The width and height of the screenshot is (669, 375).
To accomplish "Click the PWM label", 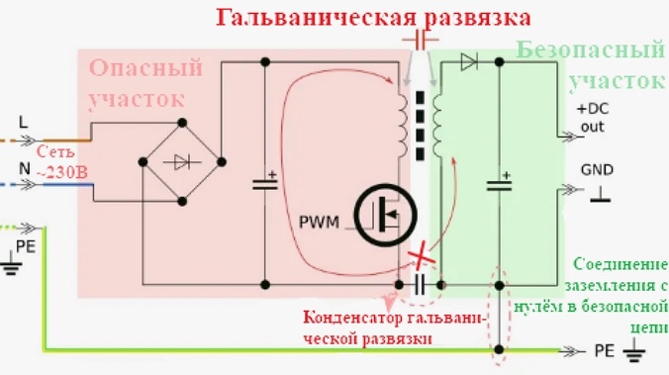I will coord(318,220).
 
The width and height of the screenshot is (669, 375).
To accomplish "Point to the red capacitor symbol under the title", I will coord(421,39).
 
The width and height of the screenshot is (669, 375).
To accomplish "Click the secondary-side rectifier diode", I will coord(470,62).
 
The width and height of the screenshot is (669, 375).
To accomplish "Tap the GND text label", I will coord(599,169).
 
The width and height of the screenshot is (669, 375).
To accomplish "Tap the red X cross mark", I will coord(420,257).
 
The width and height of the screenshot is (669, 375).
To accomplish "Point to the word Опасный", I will coord(146,68).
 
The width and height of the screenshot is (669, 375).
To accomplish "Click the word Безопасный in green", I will coord(590,49).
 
